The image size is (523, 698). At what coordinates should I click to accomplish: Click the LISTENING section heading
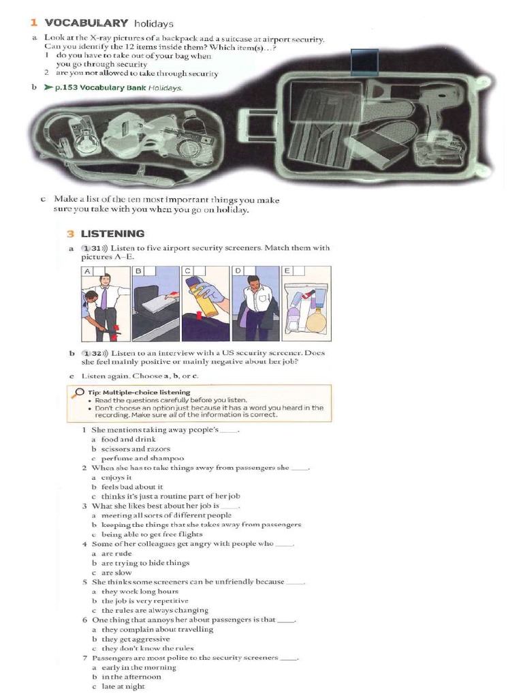coord(112,233)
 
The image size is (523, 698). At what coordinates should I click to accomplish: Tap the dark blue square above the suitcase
coord(364,62)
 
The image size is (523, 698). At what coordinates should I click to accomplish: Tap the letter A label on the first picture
coord(87,271)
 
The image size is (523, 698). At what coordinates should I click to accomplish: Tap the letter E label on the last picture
coord(288,271)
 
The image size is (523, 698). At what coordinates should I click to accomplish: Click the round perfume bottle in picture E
coord(317,318)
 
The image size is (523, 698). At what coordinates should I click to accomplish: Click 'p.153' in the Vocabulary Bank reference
coord(67,87)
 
